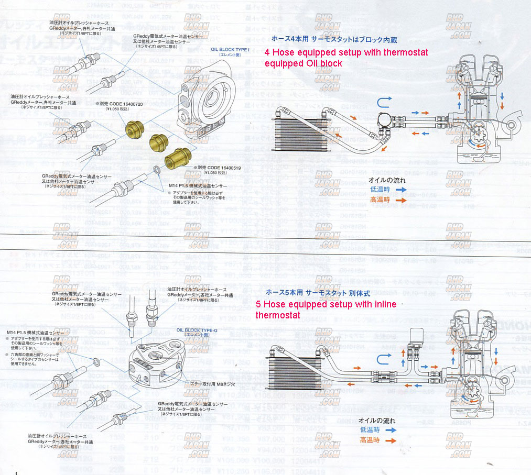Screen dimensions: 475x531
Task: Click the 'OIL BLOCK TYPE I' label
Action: (x=230, y=49)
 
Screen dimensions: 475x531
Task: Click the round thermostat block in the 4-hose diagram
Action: (x=387, y=119)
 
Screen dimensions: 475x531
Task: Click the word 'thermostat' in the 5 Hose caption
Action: (x=278, y=315)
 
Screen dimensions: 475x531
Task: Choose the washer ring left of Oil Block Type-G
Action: (x=97, y=362)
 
